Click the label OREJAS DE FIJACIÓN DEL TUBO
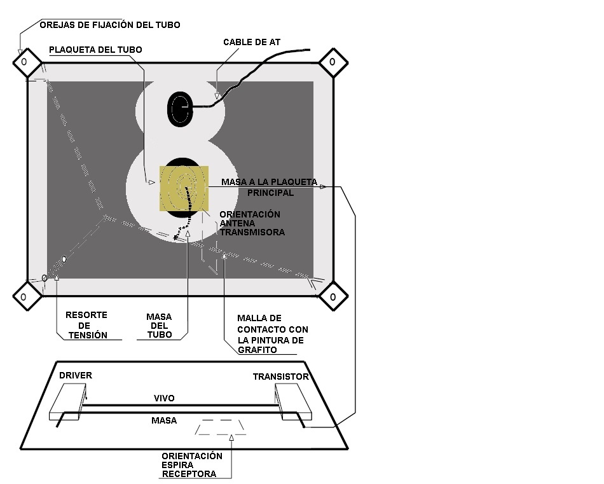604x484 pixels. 110,25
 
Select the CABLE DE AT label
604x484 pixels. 252,42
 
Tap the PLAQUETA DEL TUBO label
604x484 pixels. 95,50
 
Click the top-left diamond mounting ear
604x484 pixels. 27,62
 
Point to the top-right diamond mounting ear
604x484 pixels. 333,62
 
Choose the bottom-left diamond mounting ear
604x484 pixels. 27,296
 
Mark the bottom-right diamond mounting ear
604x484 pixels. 333,296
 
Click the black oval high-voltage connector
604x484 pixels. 180,109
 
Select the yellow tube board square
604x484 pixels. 184,188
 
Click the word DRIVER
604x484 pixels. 76,375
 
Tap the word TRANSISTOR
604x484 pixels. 281,377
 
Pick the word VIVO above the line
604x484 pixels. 164,398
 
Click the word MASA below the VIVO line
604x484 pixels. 164,420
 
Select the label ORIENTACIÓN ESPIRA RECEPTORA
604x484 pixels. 192,465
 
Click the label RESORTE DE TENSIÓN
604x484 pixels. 86,325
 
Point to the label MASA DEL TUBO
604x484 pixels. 159,326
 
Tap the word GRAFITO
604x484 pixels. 257,350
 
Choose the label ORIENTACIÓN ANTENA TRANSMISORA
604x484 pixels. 252,223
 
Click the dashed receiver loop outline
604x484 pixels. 221,427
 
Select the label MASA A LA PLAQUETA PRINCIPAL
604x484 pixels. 270,187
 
